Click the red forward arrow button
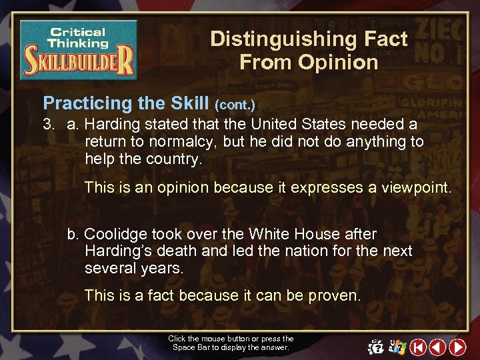click(x=457, y=347)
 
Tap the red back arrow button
click(x=438, y=347)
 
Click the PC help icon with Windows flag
click(x=398, y=347)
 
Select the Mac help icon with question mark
click(x=376, y=347)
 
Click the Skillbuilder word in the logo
click(x=79, y=64)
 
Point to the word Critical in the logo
click(x=78, y=31)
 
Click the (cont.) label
click(x=234, y=105)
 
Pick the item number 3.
click(x=49, y=124)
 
